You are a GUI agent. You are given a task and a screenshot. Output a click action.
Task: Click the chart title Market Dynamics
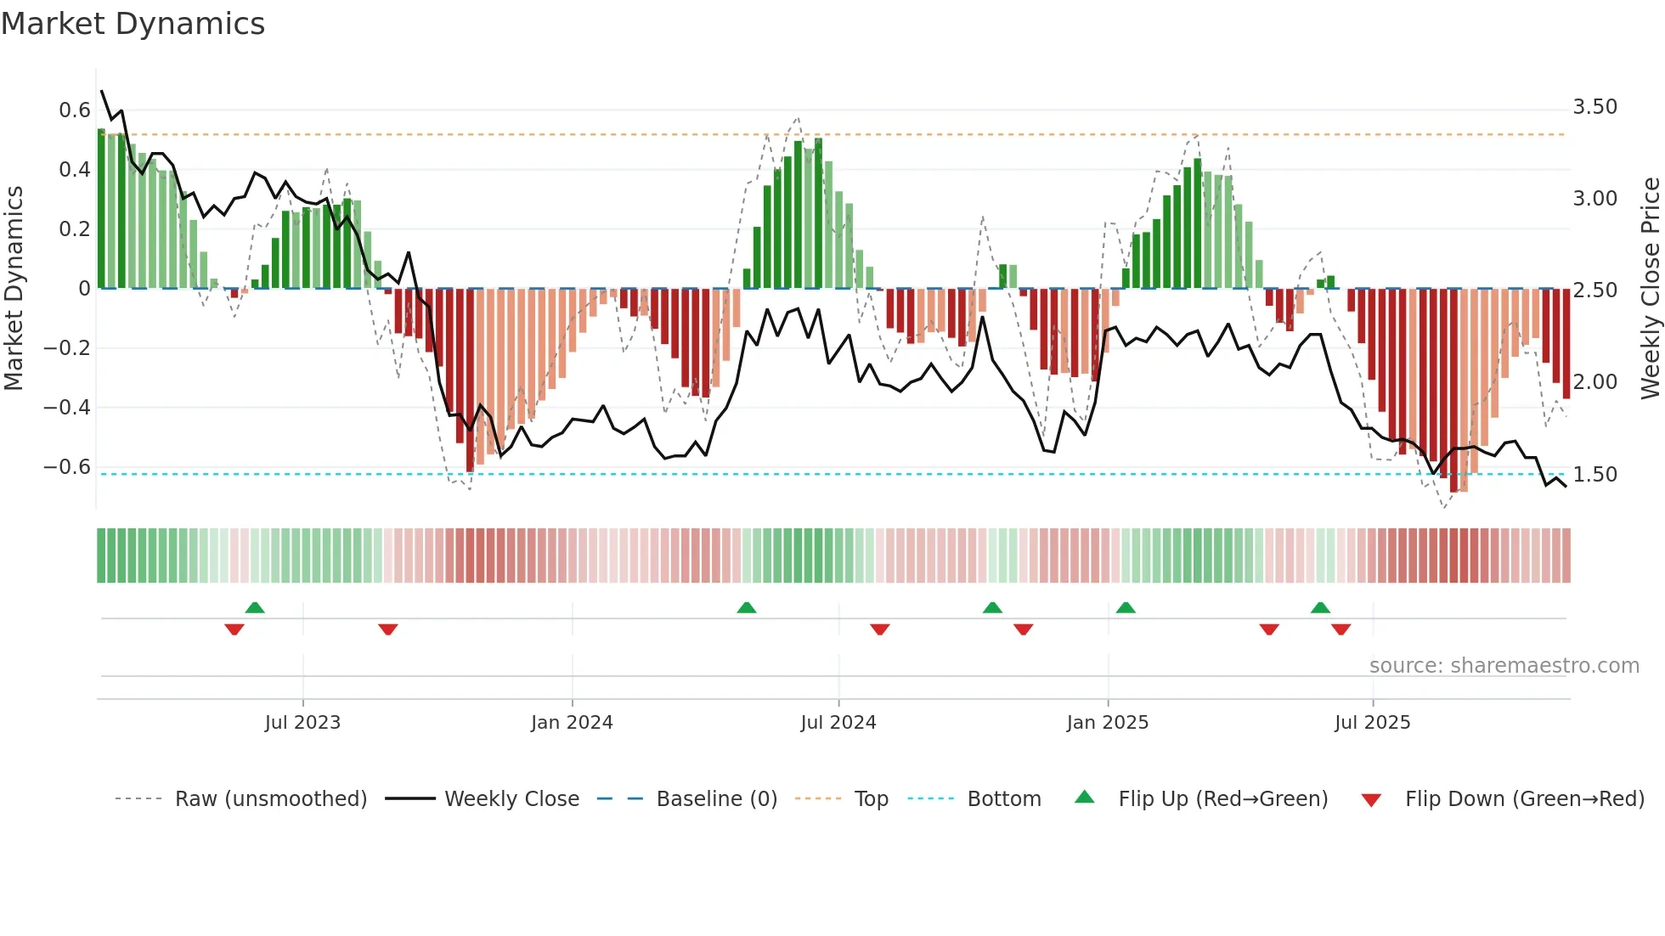[x=133, y=24]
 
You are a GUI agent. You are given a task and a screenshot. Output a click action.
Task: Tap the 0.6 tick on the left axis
[x=75, y=110]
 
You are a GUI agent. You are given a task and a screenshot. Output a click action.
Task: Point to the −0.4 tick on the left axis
[x=67, y=407]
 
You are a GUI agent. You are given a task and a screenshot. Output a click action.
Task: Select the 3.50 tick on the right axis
[x=1594, y=107]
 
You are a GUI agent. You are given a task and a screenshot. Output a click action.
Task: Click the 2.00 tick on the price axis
[x=1594, y=382]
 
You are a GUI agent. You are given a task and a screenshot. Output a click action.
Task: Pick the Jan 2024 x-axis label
[x=572, y=723]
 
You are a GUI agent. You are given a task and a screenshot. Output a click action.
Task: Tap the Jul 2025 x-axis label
[x=1372, y=723]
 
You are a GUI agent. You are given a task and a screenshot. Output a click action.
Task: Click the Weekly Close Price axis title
[x=1650, y=288]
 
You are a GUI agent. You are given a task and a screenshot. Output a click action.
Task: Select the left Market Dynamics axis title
[x=14, y=288]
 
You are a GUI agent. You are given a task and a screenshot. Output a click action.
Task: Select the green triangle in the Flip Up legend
[x=1085, y=797]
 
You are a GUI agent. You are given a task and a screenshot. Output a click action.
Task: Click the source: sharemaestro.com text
[x=1504, y=666]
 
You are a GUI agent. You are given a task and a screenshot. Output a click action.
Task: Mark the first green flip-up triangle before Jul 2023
[x=255, y=607]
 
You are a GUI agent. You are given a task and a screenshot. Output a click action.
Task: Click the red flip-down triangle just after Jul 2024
[x=880, y=629]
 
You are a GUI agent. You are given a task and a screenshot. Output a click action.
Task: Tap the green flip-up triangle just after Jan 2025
[x=1126, y=607]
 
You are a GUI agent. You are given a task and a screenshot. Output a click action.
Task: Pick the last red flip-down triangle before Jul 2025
[x=1341, y=629]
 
